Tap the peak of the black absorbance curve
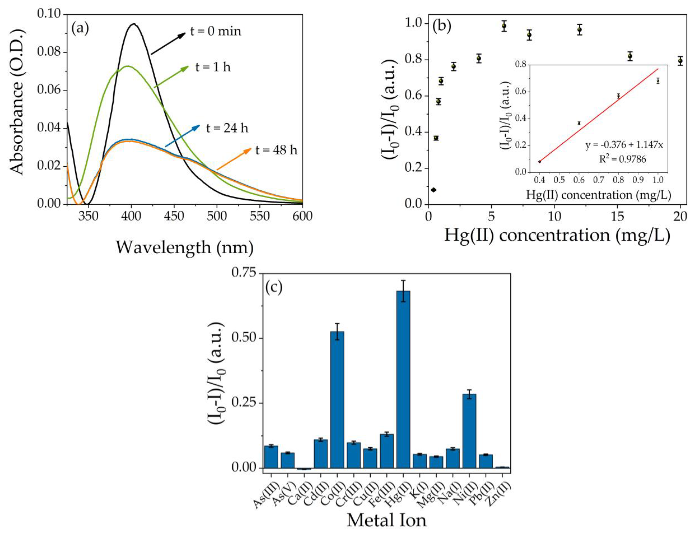point(134,24)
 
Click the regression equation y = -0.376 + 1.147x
point(624,145)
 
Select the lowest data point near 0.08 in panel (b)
point(433,190)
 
